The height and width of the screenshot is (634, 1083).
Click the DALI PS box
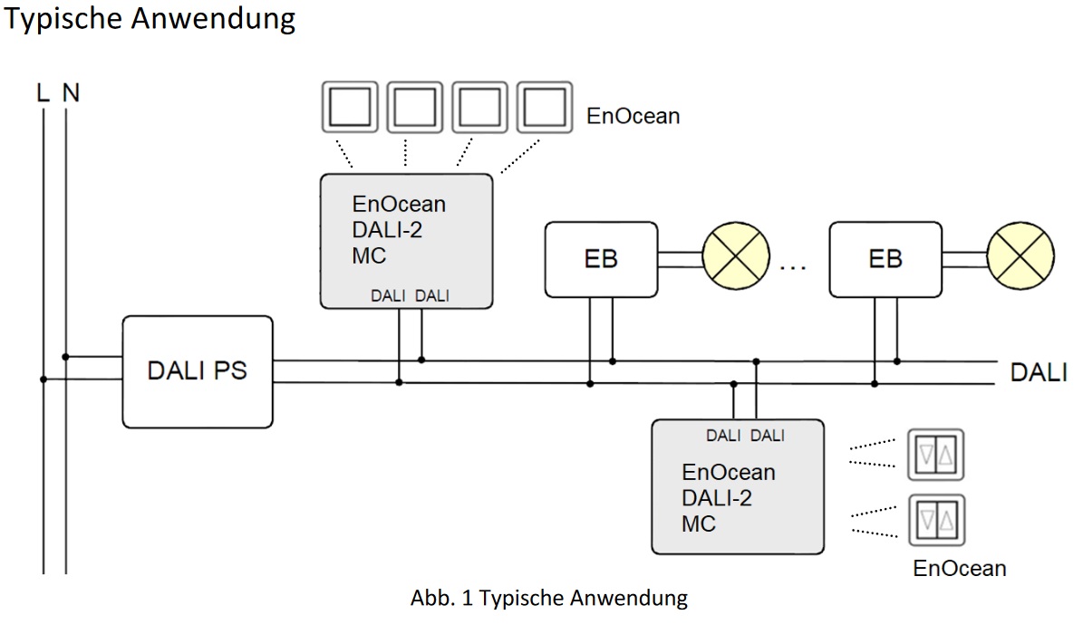pos(198,371)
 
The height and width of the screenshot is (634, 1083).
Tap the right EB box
pos(885,259)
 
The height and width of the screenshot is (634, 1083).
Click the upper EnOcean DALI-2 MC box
pos(406,240)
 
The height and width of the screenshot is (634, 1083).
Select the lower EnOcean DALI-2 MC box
pos(738,486)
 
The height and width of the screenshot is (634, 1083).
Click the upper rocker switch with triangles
pos(937,455)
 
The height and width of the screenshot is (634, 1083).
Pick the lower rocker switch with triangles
pos(937,520)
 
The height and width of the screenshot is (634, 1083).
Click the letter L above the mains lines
pos(43,92)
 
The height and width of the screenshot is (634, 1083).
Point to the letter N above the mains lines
pos(71,92)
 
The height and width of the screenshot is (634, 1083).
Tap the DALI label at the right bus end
pos(1039,372)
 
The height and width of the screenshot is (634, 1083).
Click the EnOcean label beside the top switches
pos(633,117)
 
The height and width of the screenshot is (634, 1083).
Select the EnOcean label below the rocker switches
pos(960,569)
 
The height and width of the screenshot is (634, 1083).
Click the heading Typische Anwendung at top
pos(150,19)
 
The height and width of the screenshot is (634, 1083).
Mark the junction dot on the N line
pos(66,358)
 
